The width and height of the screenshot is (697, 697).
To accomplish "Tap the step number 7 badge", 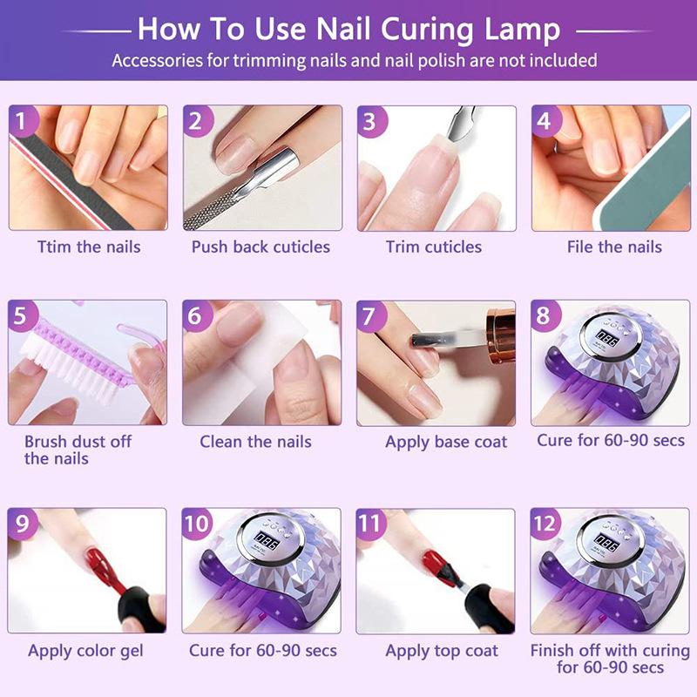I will tap(372, 315).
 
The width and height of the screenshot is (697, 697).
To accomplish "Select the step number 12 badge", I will tap(547, 524).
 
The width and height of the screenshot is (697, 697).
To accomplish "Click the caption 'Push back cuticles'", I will tap(261, 247).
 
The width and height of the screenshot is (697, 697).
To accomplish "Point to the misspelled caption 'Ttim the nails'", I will tap(88, 247).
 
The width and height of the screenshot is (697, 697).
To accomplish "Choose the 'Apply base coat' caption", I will tap(446, 442).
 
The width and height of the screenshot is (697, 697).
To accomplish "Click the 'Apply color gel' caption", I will tap(85, 651).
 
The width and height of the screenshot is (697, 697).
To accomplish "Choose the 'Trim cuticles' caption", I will tap(434, 247).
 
